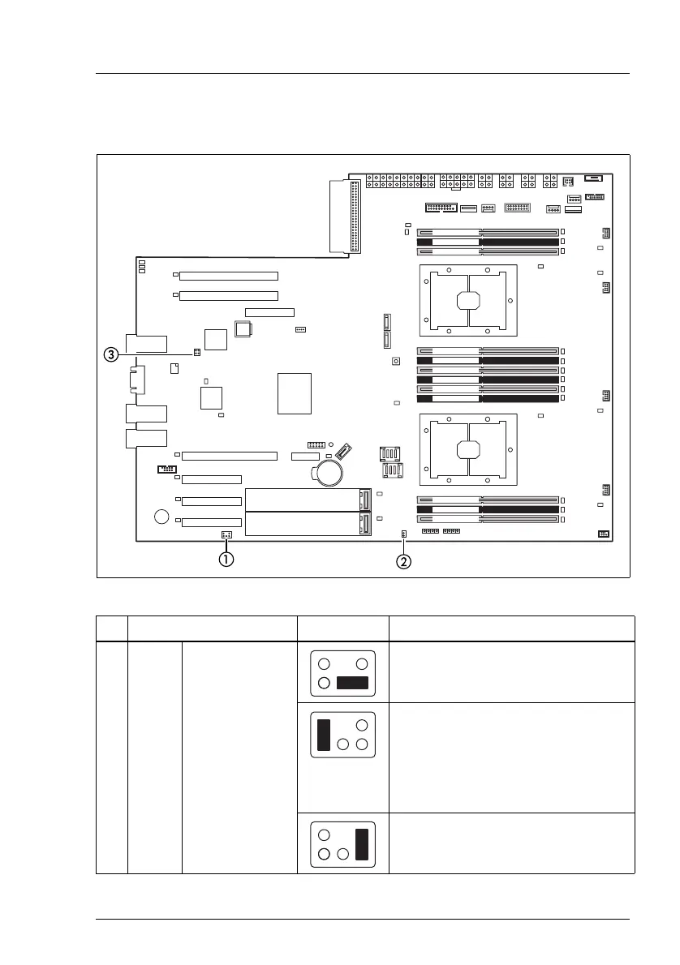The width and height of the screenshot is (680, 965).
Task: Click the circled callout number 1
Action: click(226, 559)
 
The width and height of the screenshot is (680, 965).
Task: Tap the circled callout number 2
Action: click(403, 560)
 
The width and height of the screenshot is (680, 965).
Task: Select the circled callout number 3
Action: click(111, 354)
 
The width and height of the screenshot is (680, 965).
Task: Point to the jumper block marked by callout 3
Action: click(197, 353)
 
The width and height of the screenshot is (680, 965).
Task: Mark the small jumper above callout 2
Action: click(403, 534)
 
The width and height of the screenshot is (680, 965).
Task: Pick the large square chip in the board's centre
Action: click(295, 394)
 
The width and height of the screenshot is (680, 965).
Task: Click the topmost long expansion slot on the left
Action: click(228, 277)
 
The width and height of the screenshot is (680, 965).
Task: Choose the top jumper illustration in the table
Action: click(342, 673)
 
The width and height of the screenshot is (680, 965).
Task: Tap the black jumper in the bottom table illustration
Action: click(362, 843)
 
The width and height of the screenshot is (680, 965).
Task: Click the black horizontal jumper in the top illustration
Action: click(352, 682)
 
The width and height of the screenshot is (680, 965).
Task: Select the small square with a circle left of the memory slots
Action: click(396, 362)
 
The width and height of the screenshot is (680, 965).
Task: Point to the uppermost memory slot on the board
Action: click(488, 232)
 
